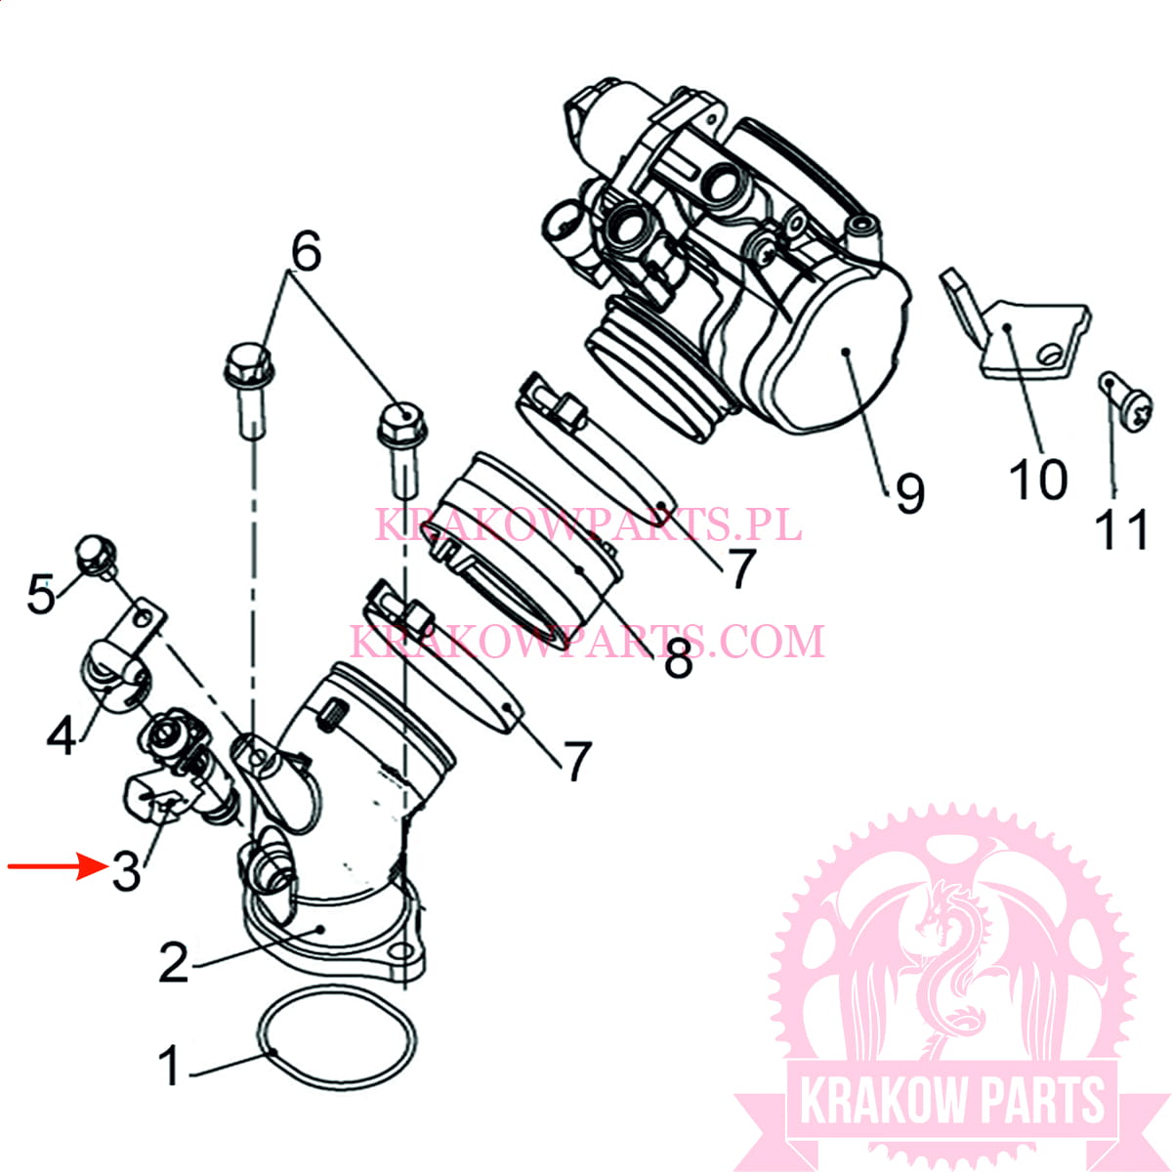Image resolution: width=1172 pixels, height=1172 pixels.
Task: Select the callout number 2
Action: pos(174,963)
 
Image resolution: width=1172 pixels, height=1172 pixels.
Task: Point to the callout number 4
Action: pos(62,734)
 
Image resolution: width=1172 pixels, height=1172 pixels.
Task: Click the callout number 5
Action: pos(41,594)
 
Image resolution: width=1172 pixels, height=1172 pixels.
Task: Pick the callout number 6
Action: pos(306,253)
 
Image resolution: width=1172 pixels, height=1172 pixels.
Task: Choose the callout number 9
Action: pos(909,493)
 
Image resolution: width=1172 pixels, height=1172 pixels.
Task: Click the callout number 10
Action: pos(1037,480)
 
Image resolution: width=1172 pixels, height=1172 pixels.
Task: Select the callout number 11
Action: pos(1121,530)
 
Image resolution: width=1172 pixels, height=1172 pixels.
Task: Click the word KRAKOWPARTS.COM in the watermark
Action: pos(587,642)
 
